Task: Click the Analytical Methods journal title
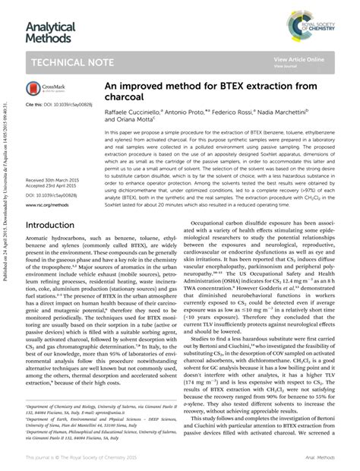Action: (x=51, y=33)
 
